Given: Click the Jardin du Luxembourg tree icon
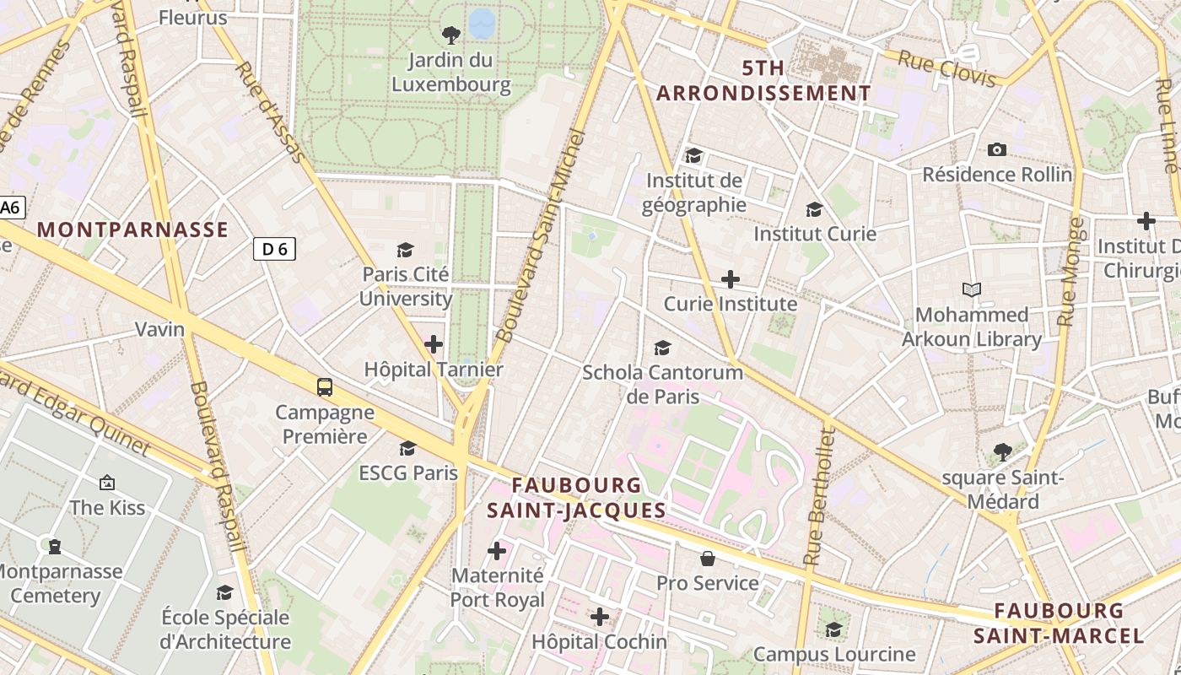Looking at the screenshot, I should [451, 35].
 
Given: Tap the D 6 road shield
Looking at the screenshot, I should [274, 249].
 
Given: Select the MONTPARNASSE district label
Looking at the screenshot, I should [132, 229].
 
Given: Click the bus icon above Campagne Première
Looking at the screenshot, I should [325, 386].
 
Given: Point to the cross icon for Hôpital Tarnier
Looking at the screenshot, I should [434, 344].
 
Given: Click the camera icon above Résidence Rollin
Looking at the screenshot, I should [997, 149].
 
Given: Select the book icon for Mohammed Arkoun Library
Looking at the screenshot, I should [972, 290].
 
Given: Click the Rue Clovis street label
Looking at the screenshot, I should [946, 68].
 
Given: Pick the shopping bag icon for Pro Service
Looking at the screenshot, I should [708, 559].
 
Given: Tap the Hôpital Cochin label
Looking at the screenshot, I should [599, 642].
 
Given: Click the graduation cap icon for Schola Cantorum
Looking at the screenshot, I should [662, 348].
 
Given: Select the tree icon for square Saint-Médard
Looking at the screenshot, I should [1002, 452].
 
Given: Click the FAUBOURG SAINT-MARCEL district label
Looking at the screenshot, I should [1059, 623].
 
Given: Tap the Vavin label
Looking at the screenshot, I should [160, 329].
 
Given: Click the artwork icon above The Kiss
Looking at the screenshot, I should [107, 483].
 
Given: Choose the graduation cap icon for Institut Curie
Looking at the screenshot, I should [814, 209].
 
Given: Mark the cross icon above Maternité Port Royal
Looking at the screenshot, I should [497, 551].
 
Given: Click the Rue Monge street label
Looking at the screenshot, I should [1069, 273].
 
